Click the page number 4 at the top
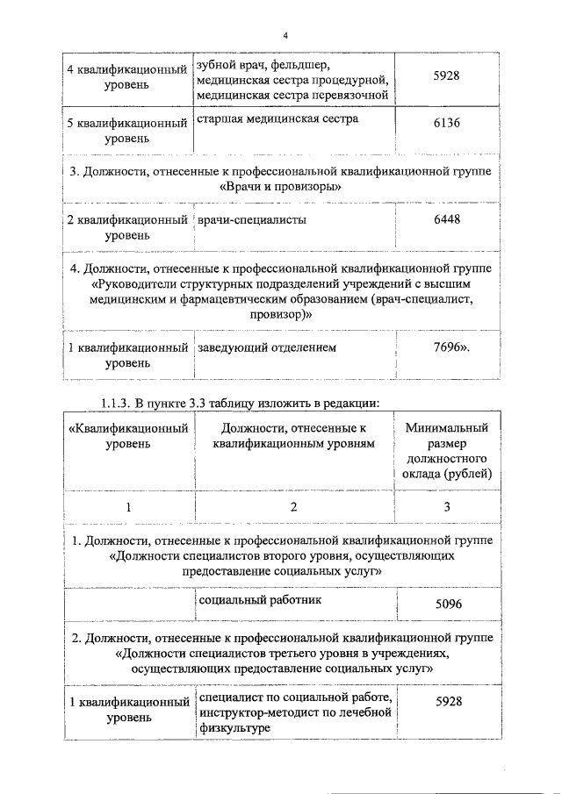285,35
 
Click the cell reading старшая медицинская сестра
278,118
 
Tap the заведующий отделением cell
267,347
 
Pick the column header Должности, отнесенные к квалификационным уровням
293,435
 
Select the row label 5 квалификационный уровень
127,131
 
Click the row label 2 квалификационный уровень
127,227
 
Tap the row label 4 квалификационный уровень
127,76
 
